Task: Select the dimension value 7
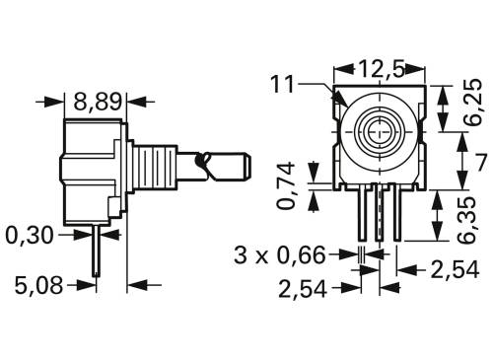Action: pos(479,161)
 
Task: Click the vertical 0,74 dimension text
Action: pos(287,186)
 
